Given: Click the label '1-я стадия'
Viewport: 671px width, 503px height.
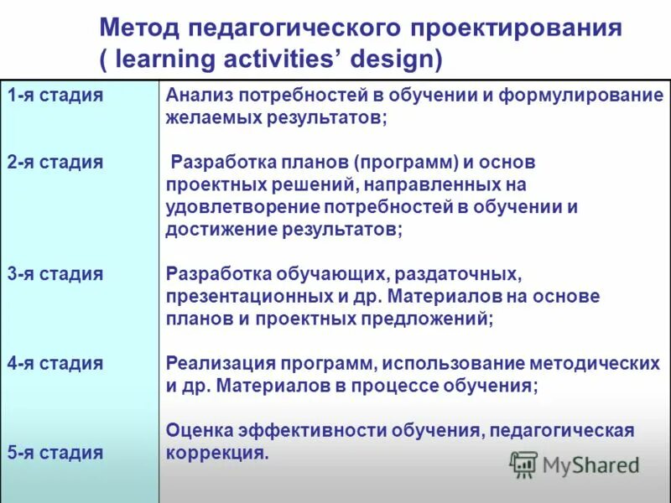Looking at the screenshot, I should click(56, 95).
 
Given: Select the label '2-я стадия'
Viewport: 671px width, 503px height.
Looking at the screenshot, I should click(56, 162).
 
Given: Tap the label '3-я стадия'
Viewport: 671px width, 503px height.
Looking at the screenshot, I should click(56, 274).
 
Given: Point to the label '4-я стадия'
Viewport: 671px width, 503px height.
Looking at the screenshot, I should click(56, 363).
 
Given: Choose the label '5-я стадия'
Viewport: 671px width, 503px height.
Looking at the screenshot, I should click(56, 453).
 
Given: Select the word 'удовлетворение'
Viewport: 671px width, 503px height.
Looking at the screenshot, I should click(237, 206).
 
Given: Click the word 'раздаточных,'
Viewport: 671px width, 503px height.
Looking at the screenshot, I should click(460, 274).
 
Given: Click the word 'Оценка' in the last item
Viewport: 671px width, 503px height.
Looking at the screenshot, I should click(201, 430).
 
